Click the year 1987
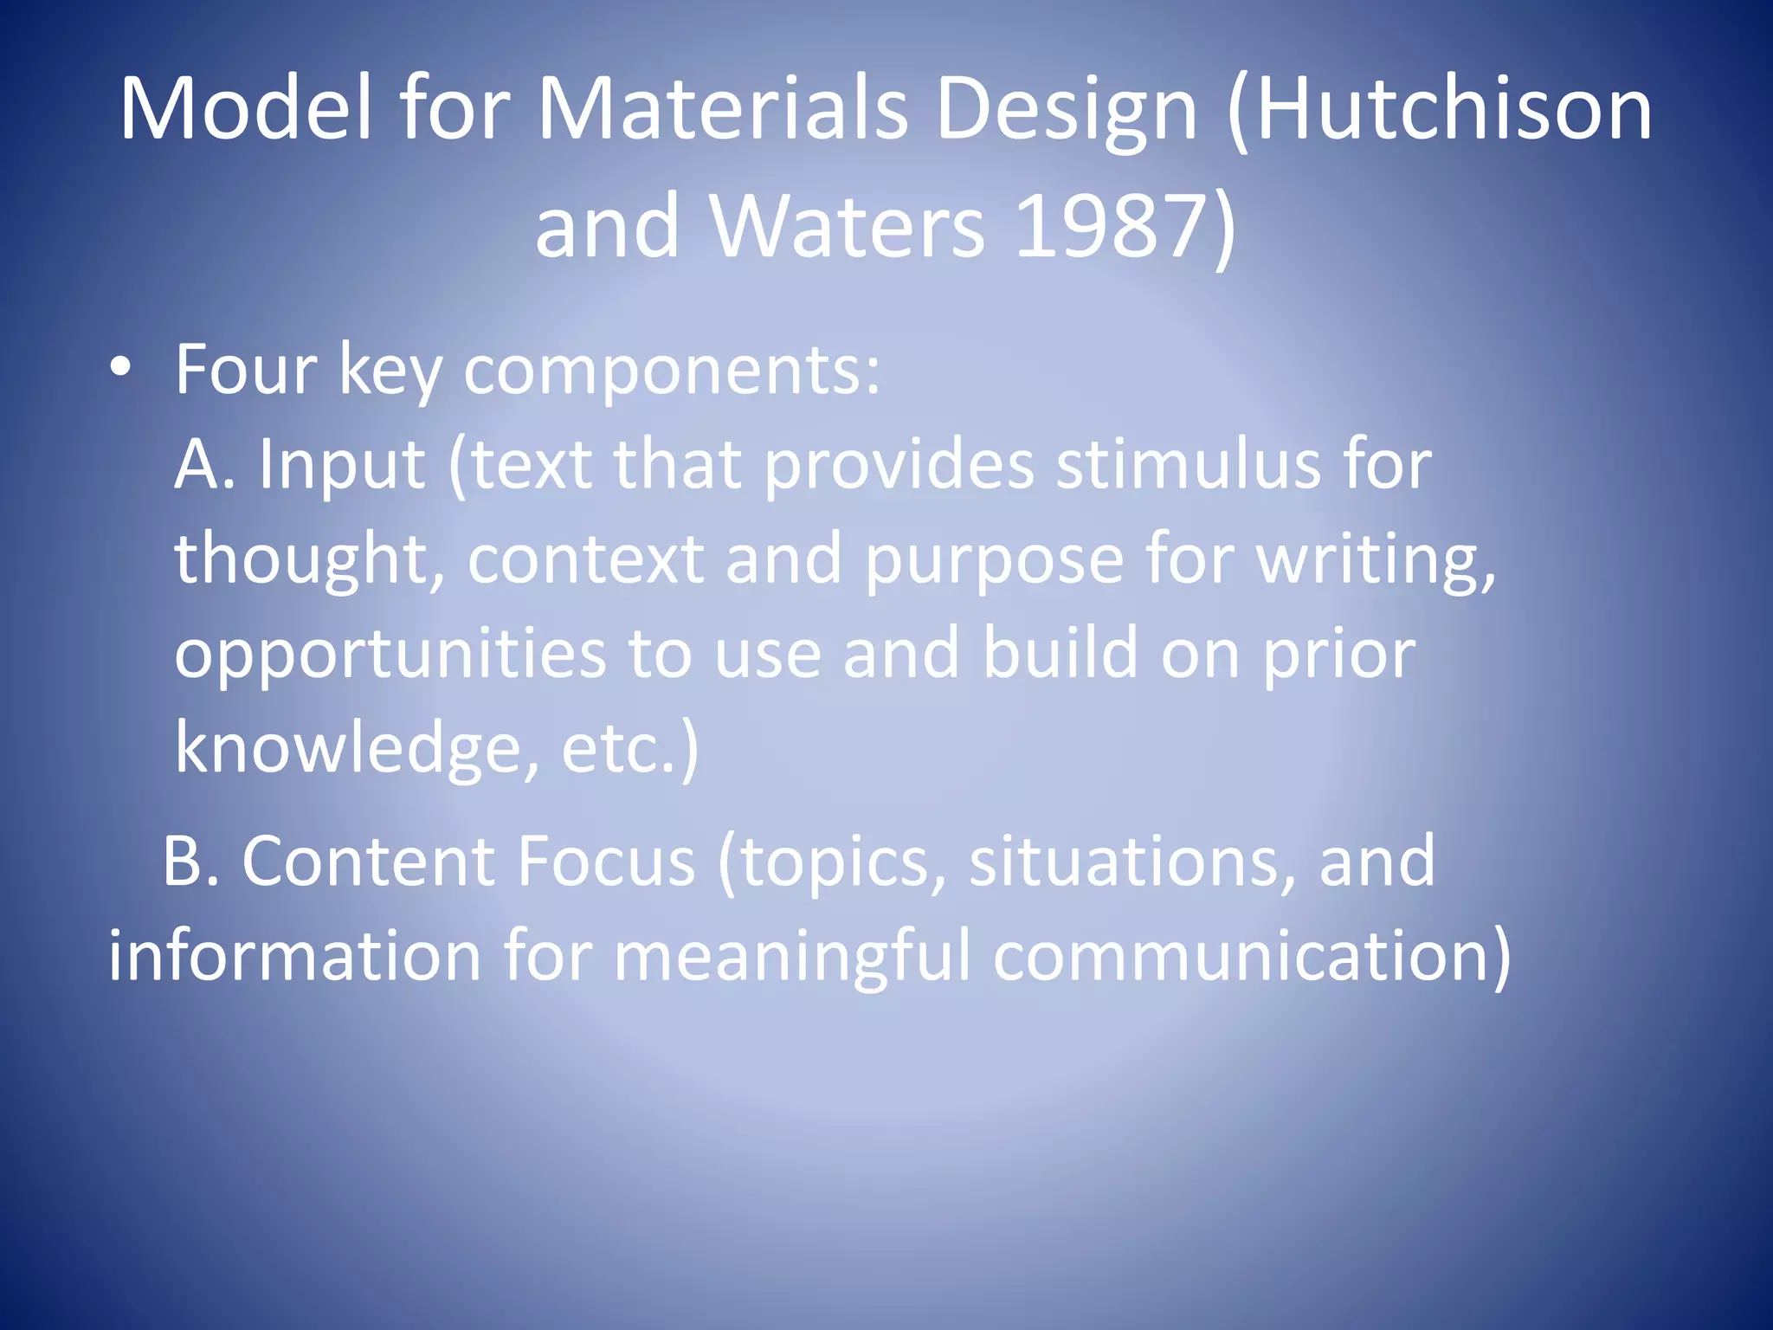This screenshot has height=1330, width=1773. [1109, 227]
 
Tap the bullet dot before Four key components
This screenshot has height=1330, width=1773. [120, 370]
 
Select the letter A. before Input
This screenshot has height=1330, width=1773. [204, 465]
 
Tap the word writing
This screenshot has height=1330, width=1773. [1376, 560]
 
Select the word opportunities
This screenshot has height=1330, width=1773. [390, 655]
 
